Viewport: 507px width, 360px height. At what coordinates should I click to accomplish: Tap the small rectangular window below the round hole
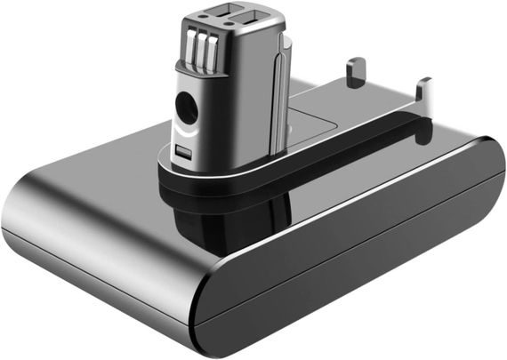pos(183,152)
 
